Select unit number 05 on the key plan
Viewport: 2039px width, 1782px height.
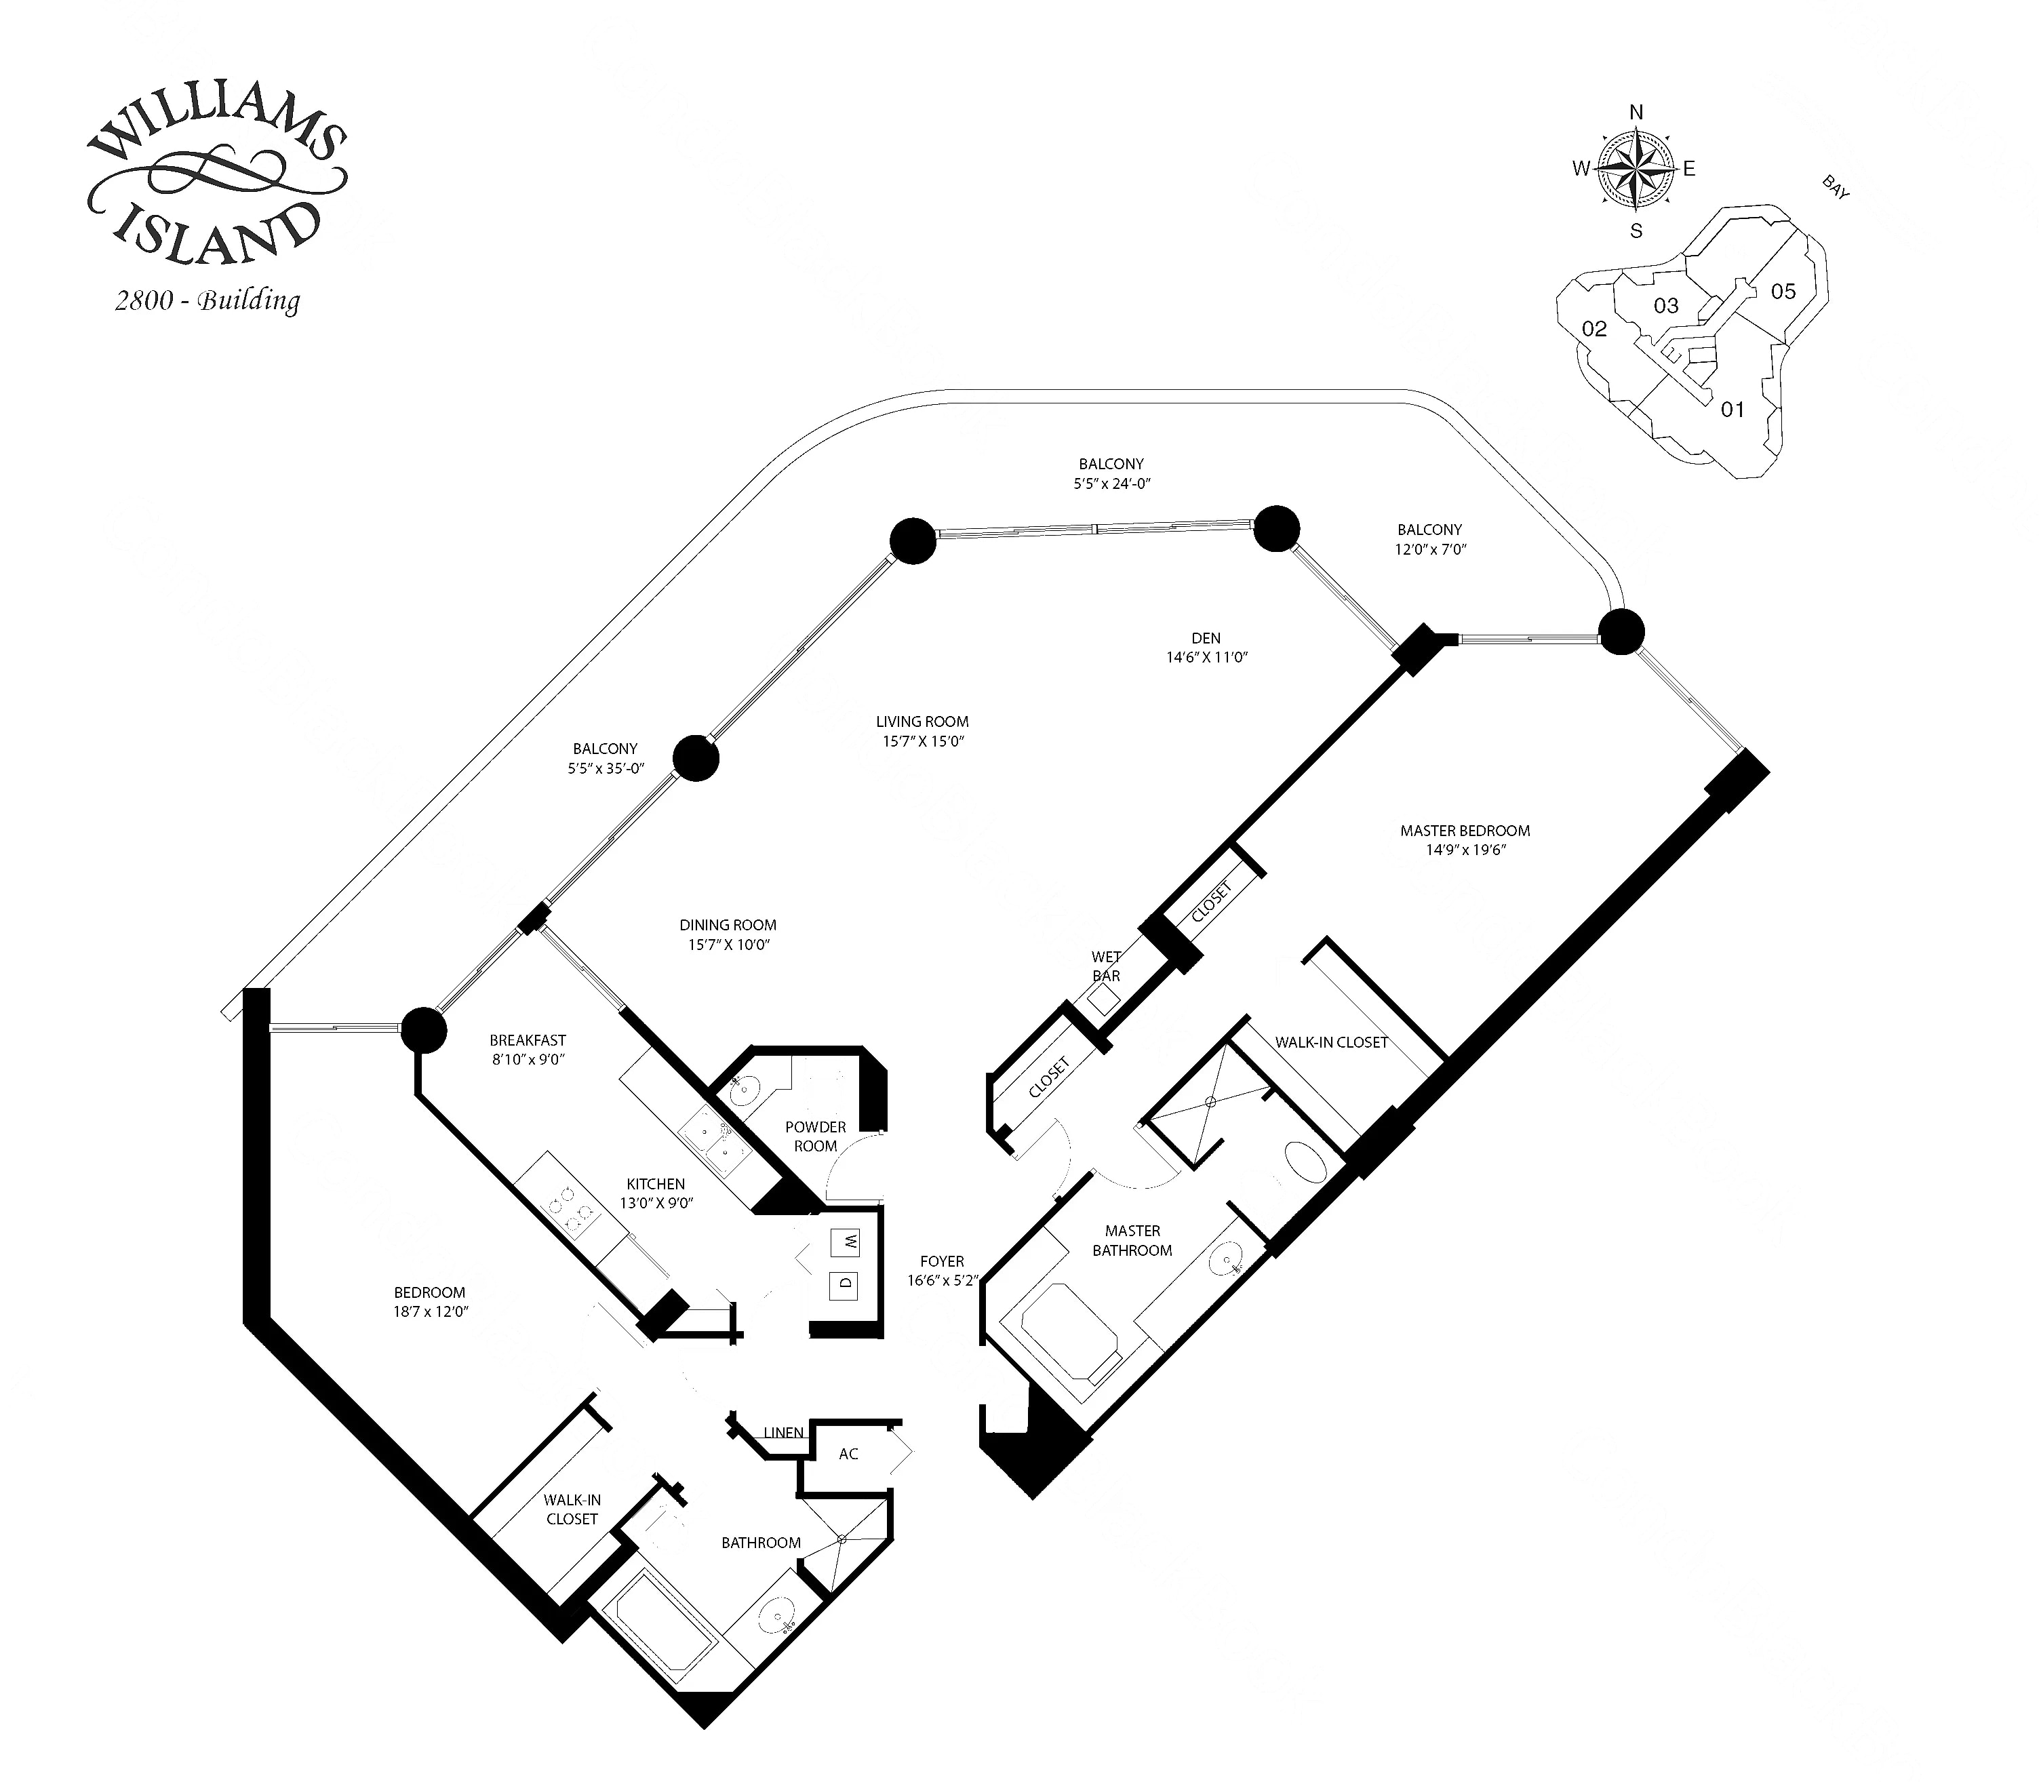[1783, 292]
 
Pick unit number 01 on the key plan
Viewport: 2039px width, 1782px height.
[1732, 410]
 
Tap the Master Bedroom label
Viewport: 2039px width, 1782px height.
[1465, 831]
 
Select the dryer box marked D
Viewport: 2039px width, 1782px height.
[845, 1284]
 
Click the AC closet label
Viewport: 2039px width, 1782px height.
[848, 1454]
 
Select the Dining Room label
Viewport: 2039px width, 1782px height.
[728, 925]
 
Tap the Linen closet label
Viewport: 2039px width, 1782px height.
[783, 1433]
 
